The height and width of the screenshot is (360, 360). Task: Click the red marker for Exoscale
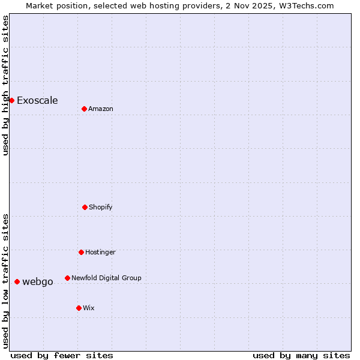[11, 100]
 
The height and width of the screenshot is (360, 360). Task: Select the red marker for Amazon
[84, 109]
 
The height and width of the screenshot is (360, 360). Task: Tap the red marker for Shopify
[85, 207]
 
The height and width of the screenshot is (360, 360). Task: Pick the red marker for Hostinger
[81, 252]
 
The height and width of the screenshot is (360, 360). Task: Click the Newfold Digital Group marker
[67, 278]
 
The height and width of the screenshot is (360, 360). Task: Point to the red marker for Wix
[79, 308]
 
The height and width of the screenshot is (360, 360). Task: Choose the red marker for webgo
[17, 281]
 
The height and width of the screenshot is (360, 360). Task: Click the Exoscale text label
[37, 100]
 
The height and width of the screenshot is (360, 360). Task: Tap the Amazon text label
[101, 109]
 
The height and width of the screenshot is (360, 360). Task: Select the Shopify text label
[101, 207]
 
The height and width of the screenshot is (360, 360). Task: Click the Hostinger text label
[100, 252]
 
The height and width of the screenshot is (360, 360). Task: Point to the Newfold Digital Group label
[106, 278]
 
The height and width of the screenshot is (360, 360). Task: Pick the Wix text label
[89, 308]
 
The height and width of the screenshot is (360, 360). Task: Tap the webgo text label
[38, 281]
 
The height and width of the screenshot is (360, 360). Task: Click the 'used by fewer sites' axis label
[62, 355]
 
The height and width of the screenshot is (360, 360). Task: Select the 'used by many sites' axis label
[301, 355]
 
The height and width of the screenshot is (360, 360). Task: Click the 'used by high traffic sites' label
[5, 85]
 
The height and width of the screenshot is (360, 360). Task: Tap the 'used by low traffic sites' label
[5, 281]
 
